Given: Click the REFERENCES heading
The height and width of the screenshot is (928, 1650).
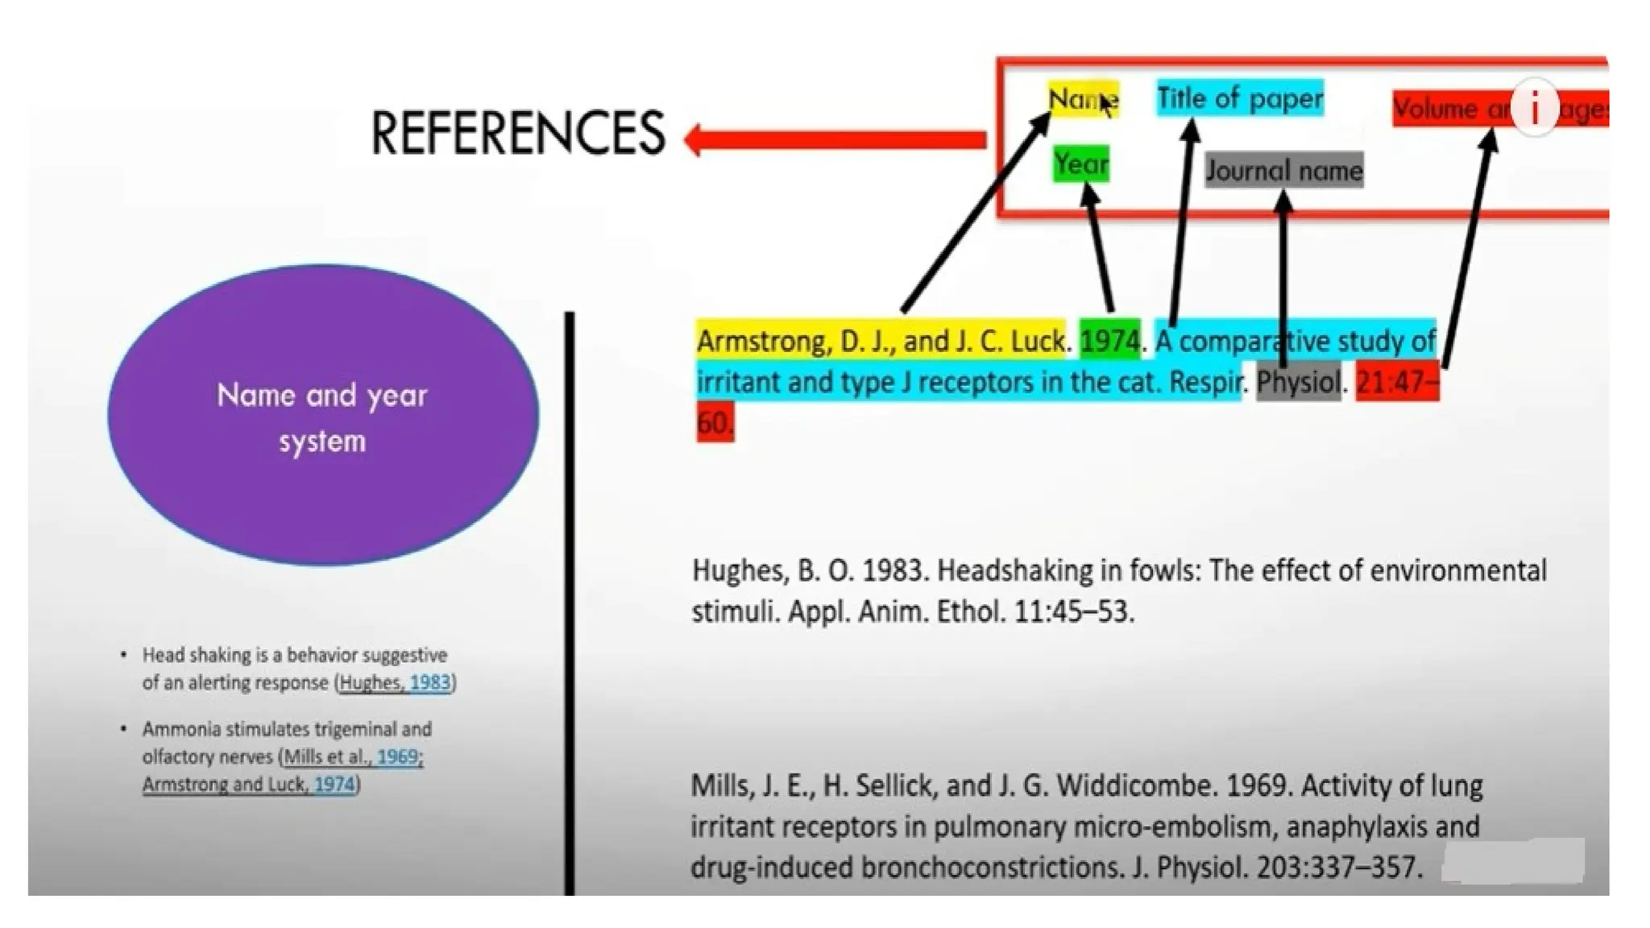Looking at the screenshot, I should point(517,133).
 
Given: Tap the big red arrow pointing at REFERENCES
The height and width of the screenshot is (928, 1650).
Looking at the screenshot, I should point(838,139).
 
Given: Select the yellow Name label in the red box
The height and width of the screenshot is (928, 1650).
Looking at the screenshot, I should point(1082,99).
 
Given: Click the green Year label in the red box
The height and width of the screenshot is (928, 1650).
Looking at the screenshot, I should point(1080,164).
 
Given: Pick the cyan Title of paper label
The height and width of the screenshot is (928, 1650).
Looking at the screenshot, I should point(1239,98).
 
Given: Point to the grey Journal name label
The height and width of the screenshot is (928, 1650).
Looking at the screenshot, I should point(1283,171).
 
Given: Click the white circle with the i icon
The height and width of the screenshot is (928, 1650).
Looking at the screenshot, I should point(1534,107).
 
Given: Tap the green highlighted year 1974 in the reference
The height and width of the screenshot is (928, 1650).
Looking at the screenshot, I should point(1109,341).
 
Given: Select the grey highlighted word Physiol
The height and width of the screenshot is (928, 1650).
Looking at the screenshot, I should point(1299,382).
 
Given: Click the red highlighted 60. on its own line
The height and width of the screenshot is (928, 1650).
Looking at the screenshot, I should point(715,423).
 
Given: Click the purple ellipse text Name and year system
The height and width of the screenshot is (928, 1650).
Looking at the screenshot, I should point(322,417).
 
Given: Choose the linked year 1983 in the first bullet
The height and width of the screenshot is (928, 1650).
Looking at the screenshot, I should point(430,682).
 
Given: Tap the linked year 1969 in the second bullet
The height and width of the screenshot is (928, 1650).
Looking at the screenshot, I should point(397,756).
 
